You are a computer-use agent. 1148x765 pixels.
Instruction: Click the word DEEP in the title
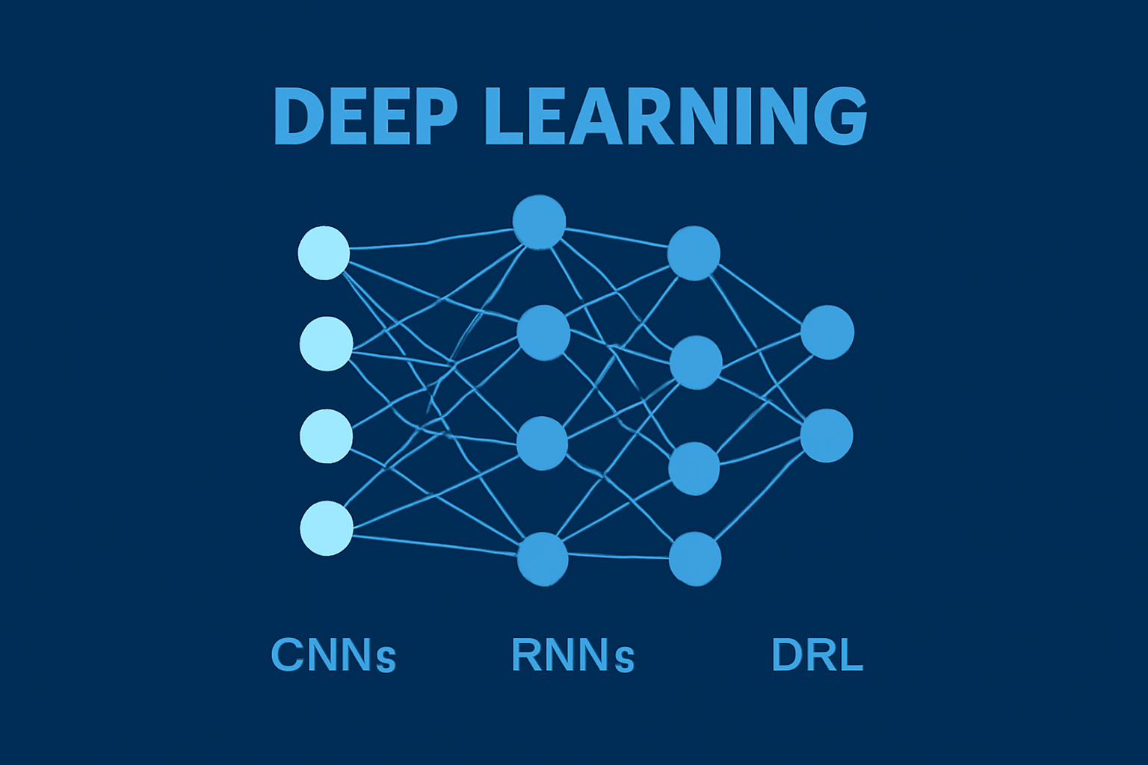coord(365,117)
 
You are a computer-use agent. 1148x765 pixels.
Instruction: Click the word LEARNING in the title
coord(676,117)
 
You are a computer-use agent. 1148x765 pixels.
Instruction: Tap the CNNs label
coord(333,655)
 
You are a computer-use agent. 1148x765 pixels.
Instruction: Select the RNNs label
coord(573,655)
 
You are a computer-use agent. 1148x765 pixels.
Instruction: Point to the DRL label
coord(817,655)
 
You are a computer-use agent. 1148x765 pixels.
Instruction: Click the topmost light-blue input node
coord(324,253)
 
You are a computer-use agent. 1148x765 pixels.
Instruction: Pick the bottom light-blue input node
coord(327,528)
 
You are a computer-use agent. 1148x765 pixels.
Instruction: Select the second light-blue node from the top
coord(327,344)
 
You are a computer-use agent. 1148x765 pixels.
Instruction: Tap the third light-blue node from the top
coord(327,436)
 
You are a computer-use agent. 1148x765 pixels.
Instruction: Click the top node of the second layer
coord(539,222)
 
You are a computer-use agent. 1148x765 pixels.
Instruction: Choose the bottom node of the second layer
coord(543,559)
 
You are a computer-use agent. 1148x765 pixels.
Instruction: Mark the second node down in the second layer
coord(543,332)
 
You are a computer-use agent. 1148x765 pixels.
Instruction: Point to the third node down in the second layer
coord(543,444)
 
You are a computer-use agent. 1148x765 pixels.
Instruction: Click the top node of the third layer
coord(694,253)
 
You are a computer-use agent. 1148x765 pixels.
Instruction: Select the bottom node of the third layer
coord(695,559)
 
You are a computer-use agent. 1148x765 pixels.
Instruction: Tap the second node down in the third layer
coord(696,363)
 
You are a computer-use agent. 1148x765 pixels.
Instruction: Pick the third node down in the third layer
coord(694,468)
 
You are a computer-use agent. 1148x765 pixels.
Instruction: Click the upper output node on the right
coord(827,332)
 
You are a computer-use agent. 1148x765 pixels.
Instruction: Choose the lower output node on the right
coord(827,436)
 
